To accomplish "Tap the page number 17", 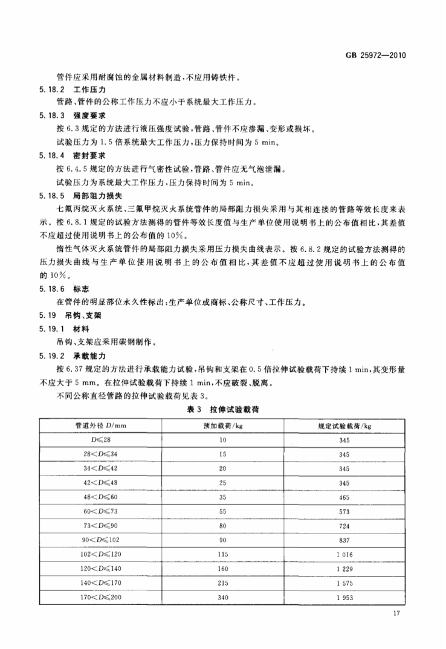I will [397, 615].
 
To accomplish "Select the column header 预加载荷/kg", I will [222, 427].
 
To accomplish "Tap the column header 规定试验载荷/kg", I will [344, 427].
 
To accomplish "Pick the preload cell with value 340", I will [222, 598].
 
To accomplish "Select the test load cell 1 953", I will [344, 598].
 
